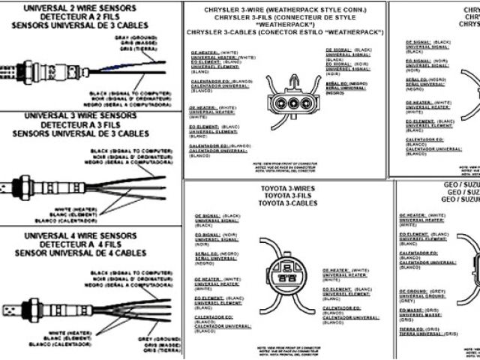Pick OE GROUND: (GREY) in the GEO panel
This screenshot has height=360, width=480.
click(424, 289)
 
